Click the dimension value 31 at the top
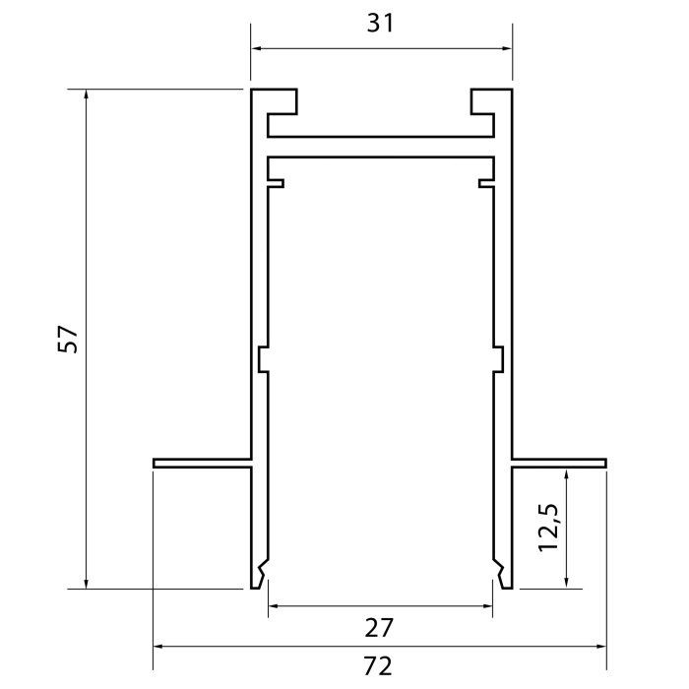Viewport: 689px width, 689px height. click(381, 24)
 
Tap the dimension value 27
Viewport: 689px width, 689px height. click(380, 627)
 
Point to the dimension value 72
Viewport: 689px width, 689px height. click(379, 666)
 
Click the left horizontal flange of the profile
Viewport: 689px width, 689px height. click(203, 462)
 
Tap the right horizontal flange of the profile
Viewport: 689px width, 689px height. click(558, 462)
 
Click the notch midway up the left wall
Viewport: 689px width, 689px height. click(263, 359)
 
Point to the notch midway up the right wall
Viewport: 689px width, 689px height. click(499, 359)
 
